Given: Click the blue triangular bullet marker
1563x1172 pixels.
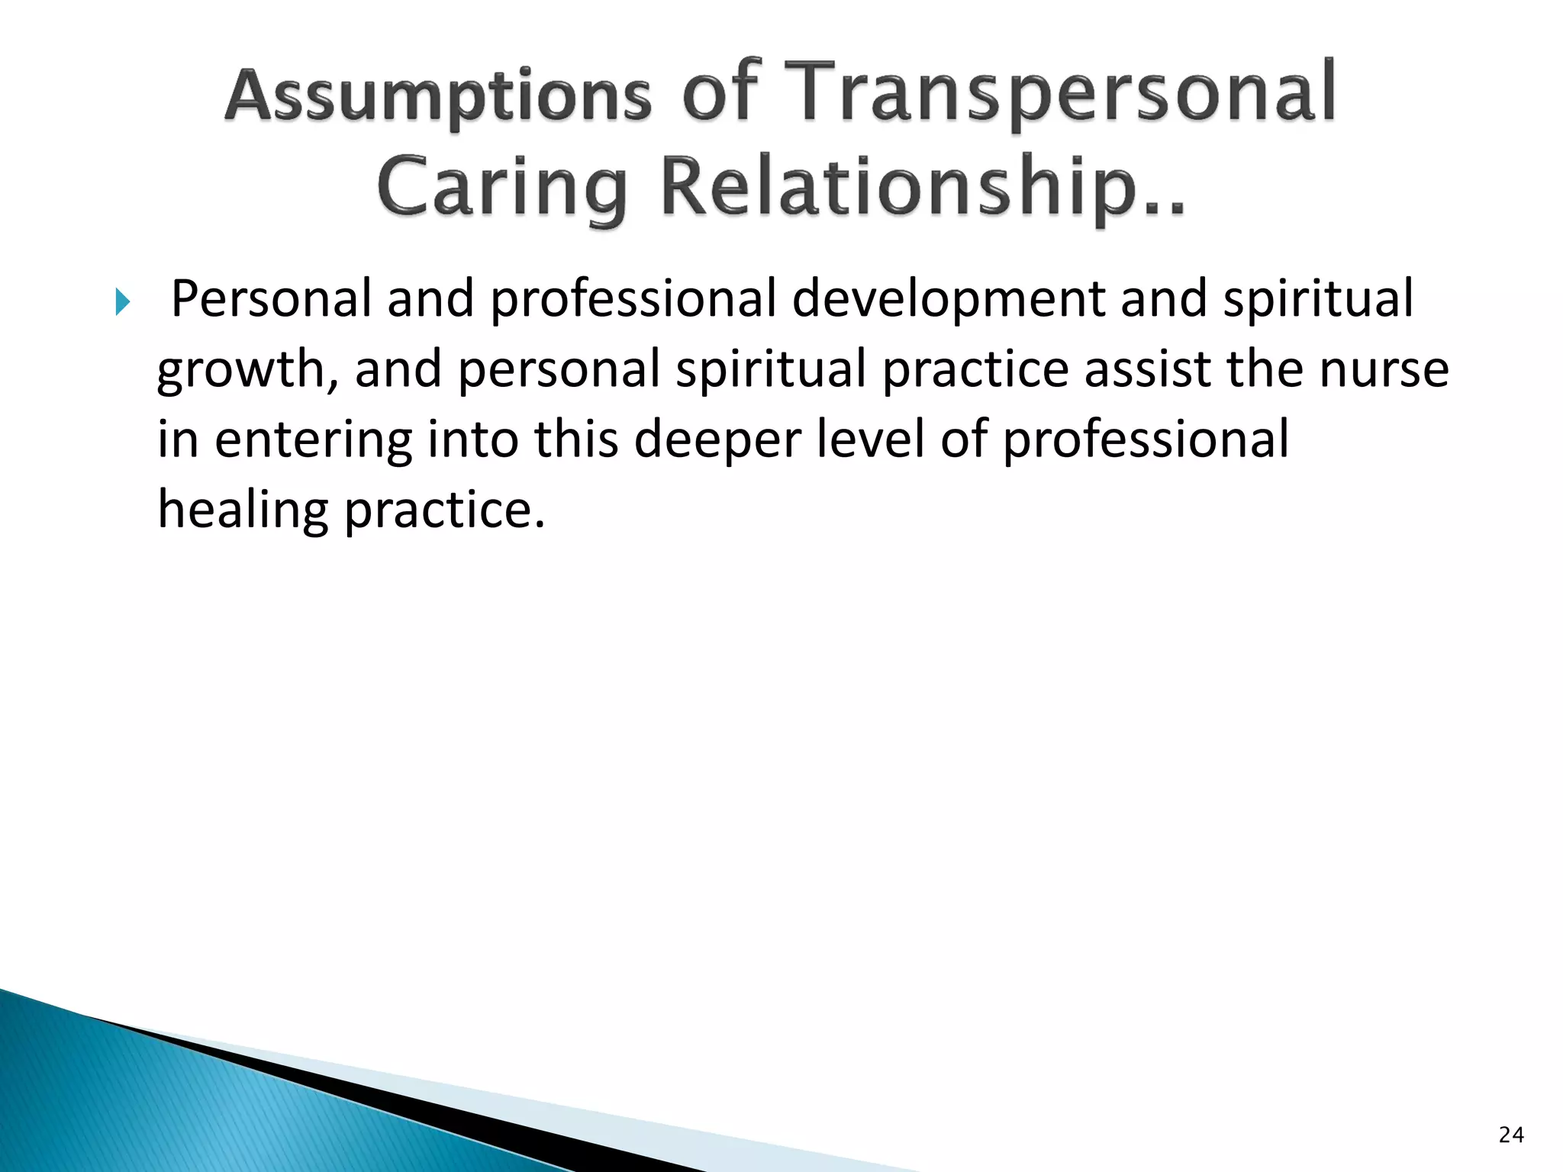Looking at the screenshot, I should pyautogui.click(x=123, y=302).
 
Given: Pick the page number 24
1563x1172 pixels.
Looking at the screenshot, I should pyautogui.click(x=1511, y=1135).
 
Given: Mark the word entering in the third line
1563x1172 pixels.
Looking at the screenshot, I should pyautogui.click(x=313, y=440).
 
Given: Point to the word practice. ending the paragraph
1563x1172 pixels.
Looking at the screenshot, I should pyautogui.click(x=445, y=510).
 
